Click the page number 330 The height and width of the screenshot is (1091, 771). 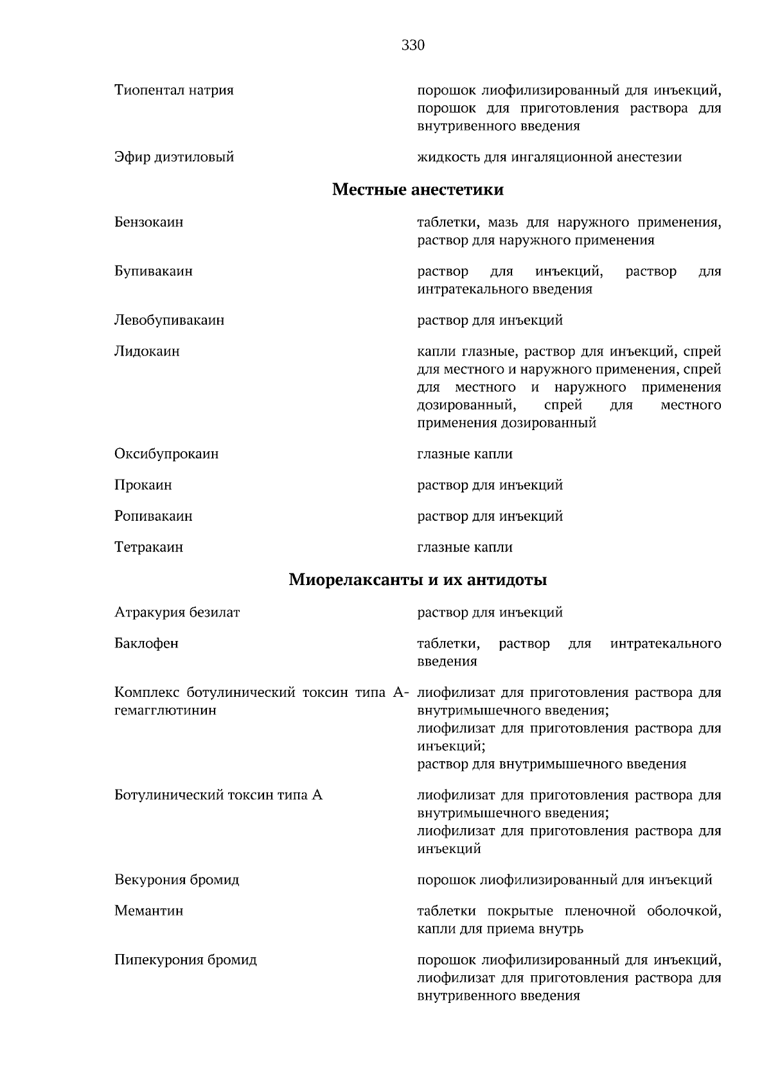pos(413,46)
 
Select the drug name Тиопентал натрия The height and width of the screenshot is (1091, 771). pos(173,90)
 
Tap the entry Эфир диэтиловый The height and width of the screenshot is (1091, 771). pos(173,157)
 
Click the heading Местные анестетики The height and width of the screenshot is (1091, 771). pos(418,190)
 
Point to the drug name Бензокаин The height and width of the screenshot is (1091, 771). pos(148,222)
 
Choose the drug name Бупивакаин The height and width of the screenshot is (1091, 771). pos(153,271)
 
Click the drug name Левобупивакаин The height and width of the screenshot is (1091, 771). pos(169,320)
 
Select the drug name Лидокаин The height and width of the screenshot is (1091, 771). pos(146,352)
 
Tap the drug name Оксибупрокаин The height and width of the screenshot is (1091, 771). pos(166,454)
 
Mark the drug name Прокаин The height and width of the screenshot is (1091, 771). pos(143,485)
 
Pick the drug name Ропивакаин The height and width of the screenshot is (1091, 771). pos(153,516)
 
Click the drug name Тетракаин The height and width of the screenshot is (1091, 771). pos(148,548)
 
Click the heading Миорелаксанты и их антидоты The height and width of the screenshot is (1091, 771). pos(418,580)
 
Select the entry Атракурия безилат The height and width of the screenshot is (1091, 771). pos(177,613)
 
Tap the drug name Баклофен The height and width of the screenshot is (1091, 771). pos(146,644)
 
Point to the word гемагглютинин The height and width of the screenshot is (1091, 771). pos(165,710)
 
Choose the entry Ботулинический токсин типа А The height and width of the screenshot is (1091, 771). pos(218,795)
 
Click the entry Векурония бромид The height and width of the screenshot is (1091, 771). pos(177,879)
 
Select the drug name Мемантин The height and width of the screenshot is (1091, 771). pos(148,911)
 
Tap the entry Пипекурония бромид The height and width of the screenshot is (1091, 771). pos(185,960)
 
